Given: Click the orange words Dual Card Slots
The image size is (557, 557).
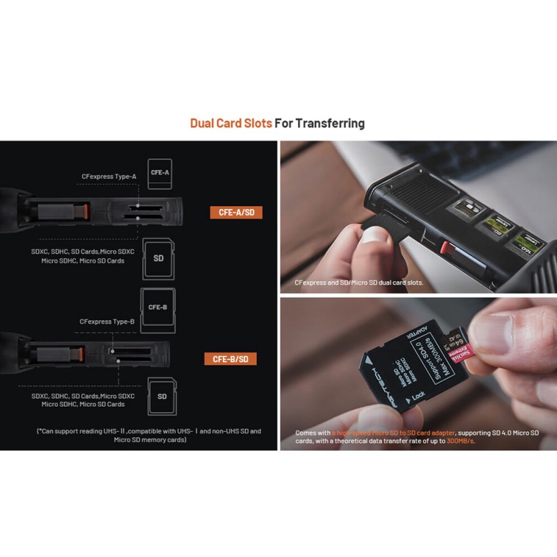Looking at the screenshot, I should [x=230, y=124].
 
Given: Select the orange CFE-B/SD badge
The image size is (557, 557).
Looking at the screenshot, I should [x=230, y=359].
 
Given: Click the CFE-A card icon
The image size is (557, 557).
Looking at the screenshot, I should [x=160, y=172].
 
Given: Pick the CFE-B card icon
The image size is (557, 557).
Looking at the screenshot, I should [x=157, y=307].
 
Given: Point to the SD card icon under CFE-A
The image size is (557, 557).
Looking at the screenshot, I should [x=158, y=258].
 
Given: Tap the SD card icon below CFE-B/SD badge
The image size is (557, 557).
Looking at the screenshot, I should [x=162, y=396].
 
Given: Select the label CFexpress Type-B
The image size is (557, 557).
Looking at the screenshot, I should [x=107, y=322].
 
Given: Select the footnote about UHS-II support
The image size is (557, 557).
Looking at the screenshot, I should [x=149, y=436].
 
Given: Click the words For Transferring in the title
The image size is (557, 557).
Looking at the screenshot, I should [x=320, y=124].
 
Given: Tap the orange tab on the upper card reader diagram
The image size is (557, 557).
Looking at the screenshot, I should [x=84, y=209].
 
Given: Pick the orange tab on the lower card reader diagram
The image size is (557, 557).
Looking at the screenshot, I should [x=84, y=356].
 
